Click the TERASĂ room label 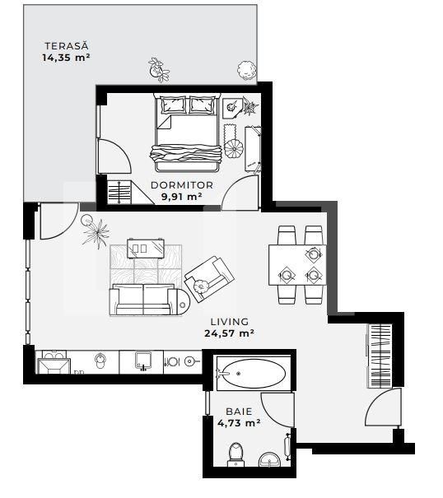pyautogui.click(x=65, y=46)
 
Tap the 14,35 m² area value pyautogui.click(x=65, y=58)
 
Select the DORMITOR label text pyautogui.click(x=181, y=185)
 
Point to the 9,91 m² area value pyautogui.click(x=181, y=197)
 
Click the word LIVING pyautogui.click(x=229, y=322)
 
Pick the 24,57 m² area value pyautogui.click(x=229, y=333)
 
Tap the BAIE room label pyautogui.click(x=239, y=411)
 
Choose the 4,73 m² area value pyautogui.click(x=239, y=423)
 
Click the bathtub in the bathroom pyautogui.click(x=250, y=375)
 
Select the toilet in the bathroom pyautogui.click(x=235, y=453)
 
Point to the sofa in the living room pyautogui.click(x=145, y=298)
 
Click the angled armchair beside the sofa pyautogui.click(x=207, y=277)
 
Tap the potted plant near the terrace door pyautogui.click(x=95, y=232)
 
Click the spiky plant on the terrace pyautogui.click(x=157, y=69)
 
